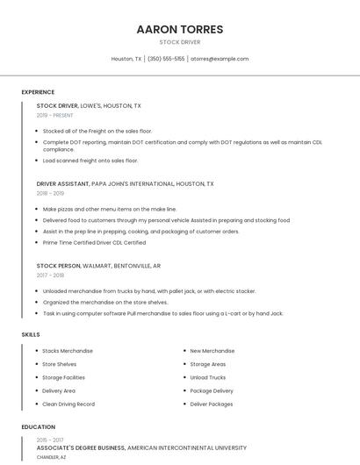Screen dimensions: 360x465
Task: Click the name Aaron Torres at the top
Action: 180,29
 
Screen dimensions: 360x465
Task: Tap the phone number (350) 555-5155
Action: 166,59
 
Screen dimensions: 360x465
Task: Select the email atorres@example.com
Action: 220,59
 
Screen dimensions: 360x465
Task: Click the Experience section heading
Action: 38,92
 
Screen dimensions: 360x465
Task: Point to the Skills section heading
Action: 31,334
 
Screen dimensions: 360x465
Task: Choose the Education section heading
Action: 39,427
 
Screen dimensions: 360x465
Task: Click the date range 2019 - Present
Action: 54,115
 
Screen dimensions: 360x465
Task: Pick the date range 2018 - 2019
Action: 50,193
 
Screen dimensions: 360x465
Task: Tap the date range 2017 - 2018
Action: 50,275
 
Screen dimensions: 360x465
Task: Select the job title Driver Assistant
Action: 62,184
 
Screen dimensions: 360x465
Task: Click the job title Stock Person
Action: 59,265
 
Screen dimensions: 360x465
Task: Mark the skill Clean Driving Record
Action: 68,404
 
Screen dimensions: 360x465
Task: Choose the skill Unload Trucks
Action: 208,377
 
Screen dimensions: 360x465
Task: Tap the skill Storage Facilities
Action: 63,377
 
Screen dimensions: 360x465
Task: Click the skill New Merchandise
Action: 212,351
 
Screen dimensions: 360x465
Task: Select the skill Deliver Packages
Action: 212,404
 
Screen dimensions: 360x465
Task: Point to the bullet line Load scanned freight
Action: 90,161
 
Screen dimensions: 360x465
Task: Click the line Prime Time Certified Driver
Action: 94,242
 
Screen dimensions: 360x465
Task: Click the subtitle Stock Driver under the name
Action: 180,41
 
